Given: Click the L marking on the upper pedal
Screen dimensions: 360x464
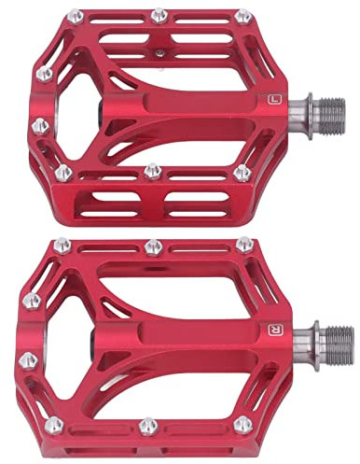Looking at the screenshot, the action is tap(274, 100).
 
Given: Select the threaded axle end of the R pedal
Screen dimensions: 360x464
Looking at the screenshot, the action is tap(339, 345).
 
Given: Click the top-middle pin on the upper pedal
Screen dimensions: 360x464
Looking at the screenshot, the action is tap(159, 16).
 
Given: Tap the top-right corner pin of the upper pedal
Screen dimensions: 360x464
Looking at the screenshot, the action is tap(243, 16).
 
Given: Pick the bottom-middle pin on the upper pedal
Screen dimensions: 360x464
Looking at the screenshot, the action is tap(153, 172).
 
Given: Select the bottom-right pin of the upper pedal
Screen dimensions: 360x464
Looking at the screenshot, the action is tap(242, 173).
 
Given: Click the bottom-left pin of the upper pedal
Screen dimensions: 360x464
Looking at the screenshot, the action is tap(63, 173).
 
